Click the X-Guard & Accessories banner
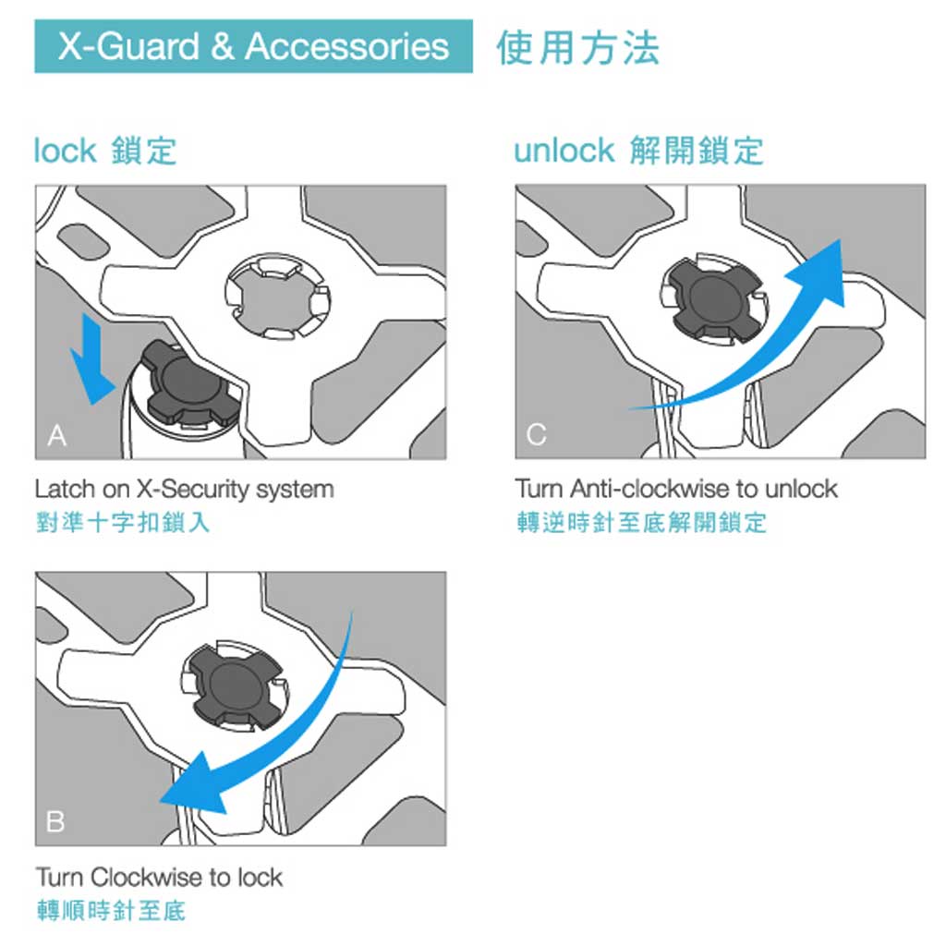click(x=253, y=46)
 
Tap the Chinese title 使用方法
click(x=578, y=48)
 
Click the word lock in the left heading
click(x=65, y=151)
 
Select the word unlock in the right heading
click(x=564, y=151)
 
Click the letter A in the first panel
click(x=57, y=435)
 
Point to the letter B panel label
click(x=55, y=821)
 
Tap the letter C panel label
click(x=537, y=434)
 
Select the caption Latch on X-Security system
click(x=184, y=490)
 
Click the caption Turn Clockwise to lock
click(x=159, y=878)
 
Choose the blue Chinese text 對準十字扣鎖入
click(x=123, y=523)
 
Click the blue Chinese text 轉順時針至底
click(x=111, y=910)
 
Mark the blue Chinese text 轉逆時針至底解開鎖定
click(x=641, y=523)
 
